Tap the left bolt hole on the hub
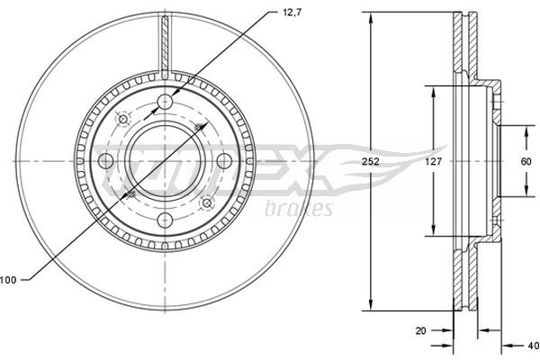104,161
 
